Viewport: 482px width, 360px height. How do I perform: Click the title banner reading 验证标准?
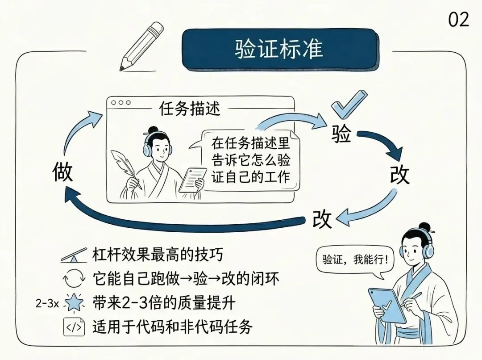click(278, 49)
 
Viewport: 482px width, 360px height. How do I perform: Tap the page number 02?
click(458, 20)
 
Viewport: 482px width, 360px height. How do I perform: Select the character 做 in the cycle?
click(62, 172)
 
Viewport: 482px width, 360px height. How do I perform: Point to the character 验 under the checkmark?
click(341, 133)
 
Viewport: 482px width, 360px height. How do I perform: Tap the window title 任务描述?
click(190, 108)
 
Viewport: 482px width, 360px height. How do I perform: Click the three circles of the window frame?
click(121, 102)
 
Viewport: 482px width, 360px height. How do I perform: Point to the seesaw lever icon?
click(74, 256)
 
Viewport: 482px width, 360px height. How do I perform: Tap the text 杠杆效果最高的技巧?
click(157, 255)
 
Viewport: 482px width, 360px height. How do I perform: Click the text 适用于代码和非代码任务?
click(172, 327)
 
